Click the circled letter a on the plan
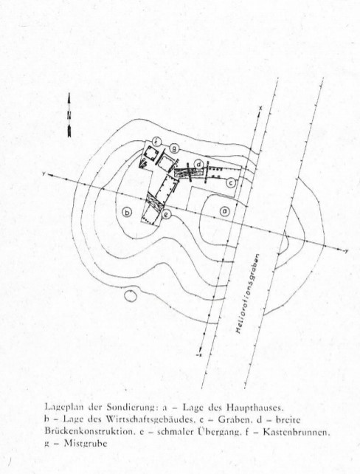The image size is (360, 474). tap(224, 210)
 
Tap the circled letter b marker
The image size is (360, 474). tap(127, 213)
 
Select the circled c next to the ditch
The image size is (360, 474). tap(230, 182)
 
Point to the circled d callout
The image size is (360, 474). tap(198, 165)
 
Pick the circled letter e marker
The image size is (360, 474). tap(167, 214)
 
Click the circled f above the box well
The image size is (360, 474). tap(156, 140)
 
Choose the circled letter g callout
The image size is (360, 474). tap(173, 148)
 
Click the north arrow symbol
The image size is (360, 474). tap(69, 115)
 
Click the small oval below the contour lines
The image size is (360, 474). tap(131, 295)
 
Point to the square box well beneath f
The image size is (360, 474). tap(150, 154)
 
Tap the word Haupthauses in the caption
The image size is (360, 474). tap(255, 408)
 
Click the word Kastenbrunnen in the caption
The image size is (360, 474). tap(295, 432)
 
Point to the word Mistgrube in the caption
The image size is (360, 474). tap(86, 444)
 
